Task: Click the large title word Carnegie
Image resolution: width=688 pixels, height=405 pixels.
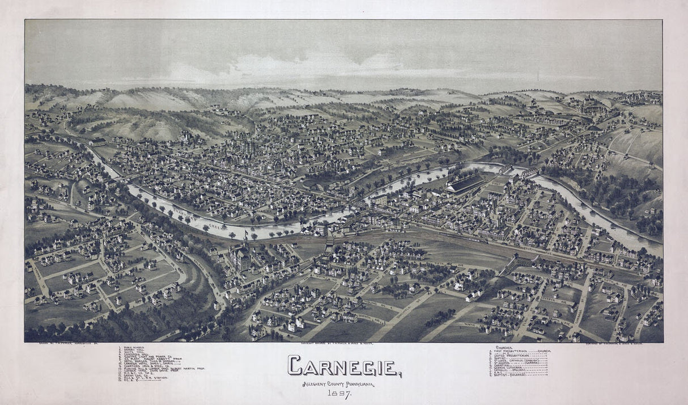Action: tap(343, 366)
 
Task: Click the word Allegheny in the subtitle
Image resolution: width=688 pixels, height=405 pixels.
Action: tap(313, 385)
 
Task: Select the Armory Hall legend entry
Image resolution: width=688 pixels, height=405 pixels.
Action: tap(133, 350)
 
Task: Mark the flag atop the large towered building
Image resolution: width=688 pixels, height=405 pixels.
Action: tap(246, 234)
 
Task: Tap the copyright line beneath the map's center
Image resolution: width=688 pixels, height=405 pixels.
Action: tap(343, 344)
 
